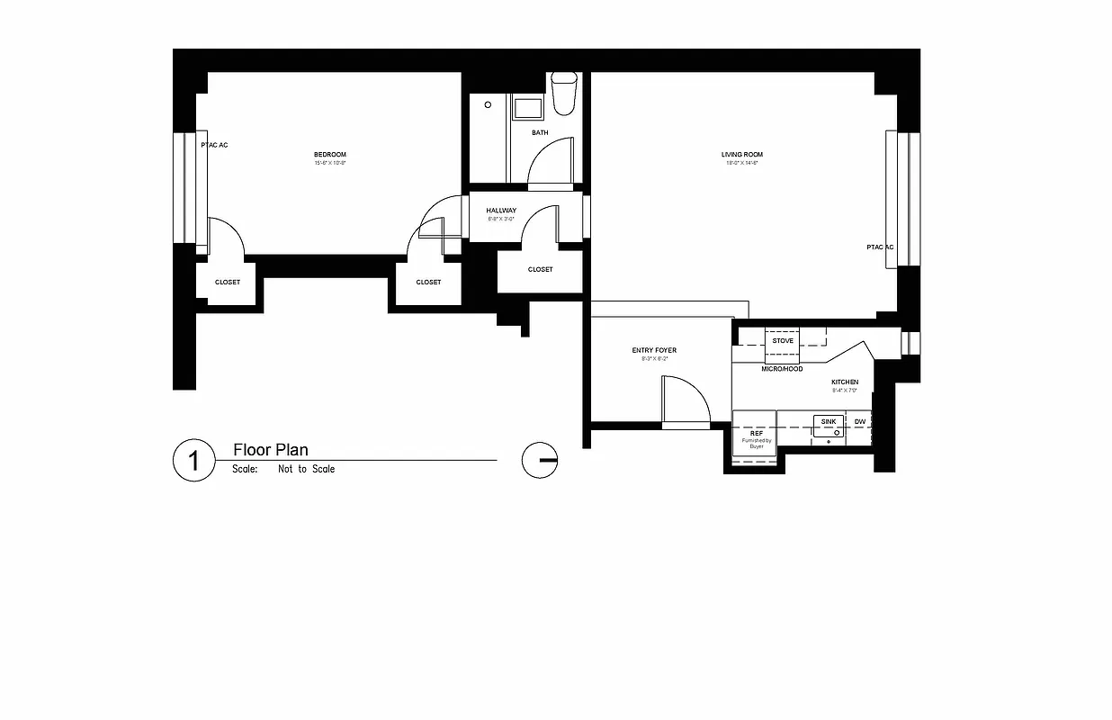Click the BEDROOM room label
pyautogui.click(x=330, y=155)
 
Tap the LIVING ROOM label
pyautogui.click(x=742, y=155)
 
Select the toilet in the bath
pyautogui.click(x=564, y=94)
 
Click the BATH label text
pyautogui.click(x=540, y=133)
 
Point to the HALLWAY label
pyautogui.click(x=501, y=211)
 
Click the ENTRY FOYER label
pyautogui.click(x=654, y=350)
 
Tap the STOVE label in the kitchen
pyautogui.click(x=783, y=341)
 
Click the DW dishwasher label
pyautogui.click(x=860, y=422)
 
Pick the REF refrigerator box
pyautogui.click(x=754, y=437)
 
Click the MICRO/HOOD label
pyautogui.click(x=782, y=369)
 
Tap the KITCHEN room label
pyautogui.click(x=844, y=382)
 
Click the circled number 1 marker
pyautogui.click(x=193, y=460)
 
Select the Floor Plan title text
pyautogui.click(x=271, y=450)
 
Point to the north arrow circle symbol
pyautogui.click(x=540, y=460)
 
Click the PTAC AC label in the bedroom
pyautogui.click(x=214, y=145)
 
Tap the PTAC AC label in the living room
pyautogui.click(x=880, y=247)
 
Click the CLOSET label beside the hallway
pyautogui.click(x=541, y=270)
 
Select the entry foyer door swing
pyautogui.click(x=684, y=399)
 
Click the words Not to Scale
pyautogui.click(x=306, y=469)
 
